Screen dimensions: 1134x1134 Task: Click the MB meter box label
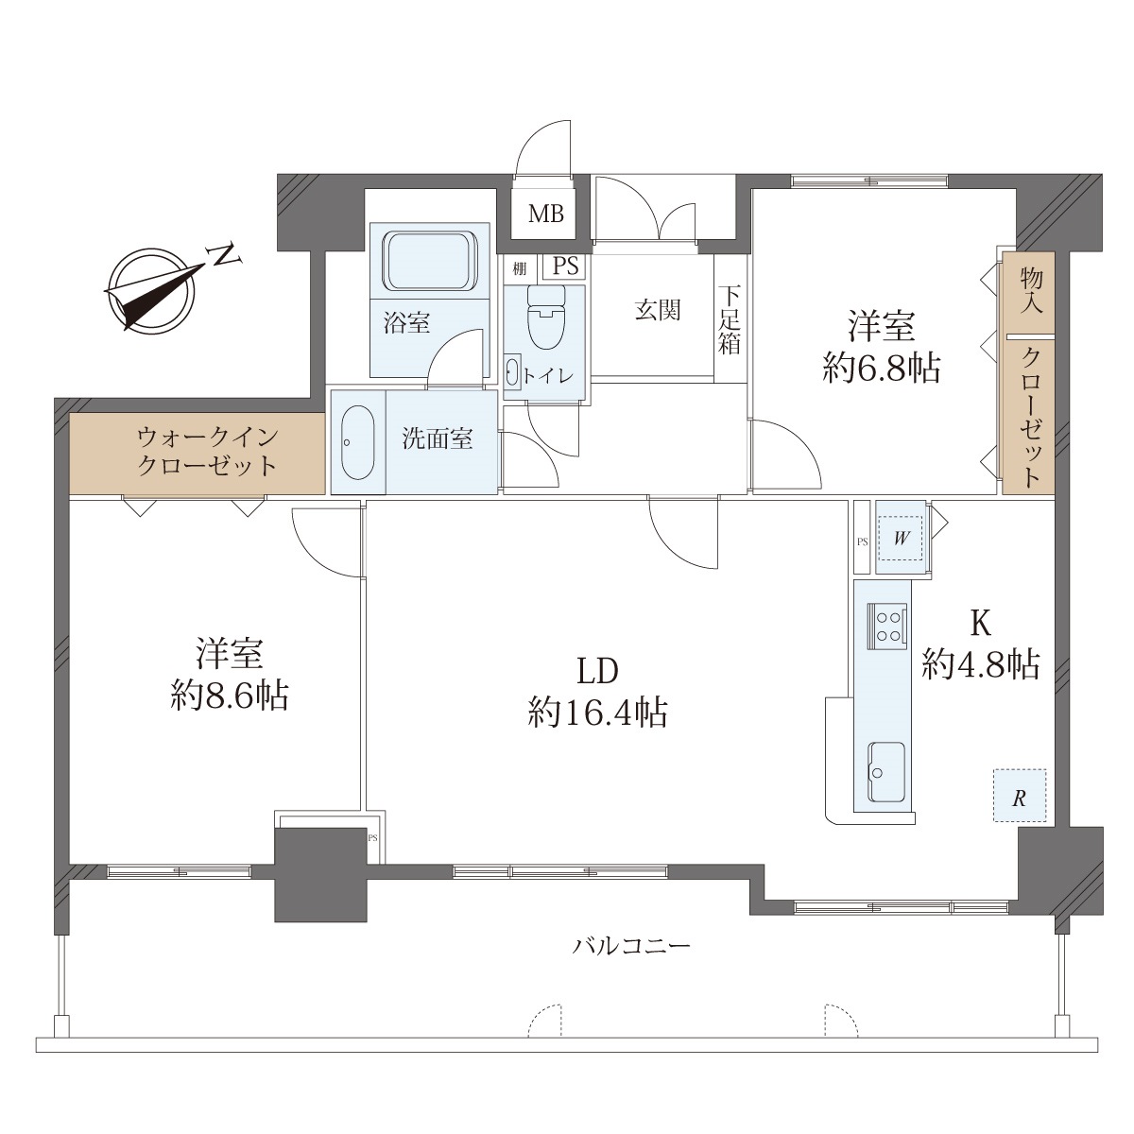(x=545, y=214)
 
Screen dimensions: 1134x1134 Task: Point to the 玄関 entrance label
(x=658, y=310)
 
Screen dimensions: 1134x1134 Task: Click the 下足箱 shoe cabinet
(x=730, y=319)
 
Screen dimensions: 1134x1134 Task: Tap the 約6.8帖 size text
(x=881, y=369)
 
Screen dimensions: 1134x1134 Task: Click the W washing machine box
(x=901, y=537)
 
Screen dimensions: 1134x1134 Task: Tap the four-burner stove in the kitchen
(x=887, y=627)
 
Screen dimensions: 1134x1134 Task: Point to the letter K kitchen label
(x=980, y=624)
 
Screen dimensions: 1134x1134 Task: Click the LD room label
(x=597, y=672)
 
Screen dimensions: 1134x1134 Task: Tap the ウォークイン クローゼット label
(x=207, y=452)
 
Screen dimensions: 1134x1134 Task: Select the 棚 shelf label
(x=519, y=269)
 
